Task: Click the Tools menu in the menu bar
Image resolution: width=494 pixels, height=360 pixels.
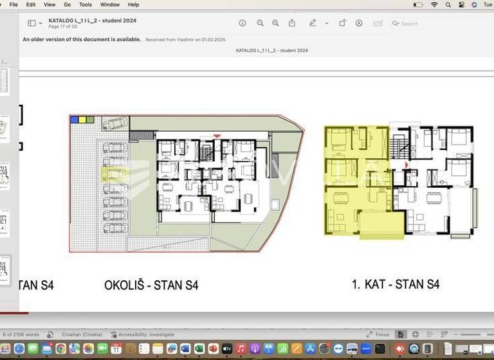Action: click(86, 4)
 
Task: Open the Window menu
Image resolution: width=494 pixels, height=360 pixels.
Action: click(109, 4)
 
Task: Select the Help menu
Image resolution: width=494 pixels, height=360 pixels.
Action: click(133, 4)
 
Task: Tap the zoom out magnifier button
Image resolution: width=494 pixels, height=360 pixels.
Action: click(260, 23)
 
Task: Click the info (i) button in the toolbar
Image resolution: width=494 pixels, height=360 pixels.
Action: click(242, 23)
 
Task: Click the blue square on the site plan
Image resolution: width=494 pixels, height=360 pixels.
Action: click(75, 120)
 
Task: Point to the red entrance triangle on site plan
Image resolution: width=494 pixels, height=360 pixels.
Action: click(217, 136)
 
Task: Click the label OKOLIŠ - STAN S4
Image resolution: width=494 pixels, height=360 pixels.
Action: click(151, 285)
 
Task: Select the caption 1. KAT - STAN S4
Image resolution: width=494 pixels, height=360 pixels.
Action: click(396, 283)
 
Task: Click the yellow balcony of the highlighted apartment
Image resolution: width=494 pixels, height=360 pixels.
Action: click(381, 224)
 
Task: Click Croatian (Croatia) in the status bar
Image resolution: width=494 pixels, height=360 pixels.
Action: click(82, 334)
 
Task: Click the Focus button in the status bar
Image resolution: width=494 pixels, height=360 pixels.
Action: click(378, 334)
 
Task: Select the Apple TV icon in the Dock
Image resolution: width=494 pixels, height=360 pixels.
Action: click(227, 348)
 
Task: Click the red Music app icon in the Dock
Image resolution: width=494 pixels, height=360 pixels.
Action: click(241, 348)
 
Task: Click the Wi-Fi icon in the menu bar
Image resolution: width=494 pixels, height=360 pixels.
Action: click(434, 4)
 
